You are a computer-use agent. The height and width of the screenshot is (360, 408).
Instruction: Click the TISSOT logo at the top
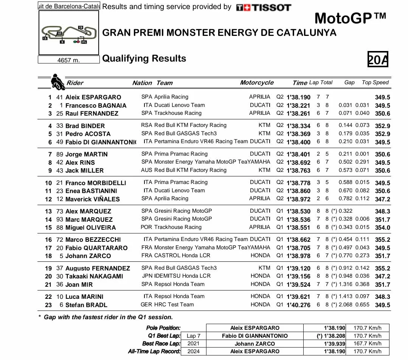(263, 7)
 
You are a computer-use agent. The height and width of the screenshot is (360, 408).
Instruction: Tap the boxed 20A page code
(378, 59)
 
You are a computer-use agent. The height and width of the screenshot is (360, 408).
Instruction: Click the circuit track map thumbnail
(69, 33)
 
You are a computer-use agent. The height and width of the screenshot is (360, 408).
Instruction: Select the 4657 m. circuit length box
(69, 60)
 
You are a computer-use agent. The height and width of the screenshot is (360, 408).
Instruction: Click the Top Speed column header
(375, 82)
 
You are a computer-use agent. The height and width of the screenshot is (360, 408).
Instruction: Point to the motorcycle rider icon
(57, 82)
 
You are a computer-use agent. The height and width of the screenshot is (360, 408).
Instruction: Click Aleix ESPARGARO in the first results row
(93, 97)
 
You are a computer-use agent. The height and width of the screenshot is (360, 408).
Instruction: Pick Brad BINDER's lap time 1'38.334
(298, 126)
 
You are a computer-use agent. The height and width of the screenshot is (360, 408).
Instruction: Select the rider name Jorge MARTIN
(86, 154)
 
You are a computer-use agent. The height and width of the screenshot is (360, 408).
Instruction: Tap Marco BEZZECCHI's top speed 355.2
(382, 239)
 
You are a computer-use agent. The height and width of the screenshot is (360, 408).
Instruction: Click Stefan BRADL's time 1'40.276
(298, 305)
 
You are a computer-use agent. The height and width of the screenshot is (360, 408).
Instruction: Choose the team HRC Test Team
(174, 304)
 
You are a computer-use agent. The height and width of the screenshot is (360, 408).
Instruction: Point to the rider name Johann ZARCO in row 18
(88, 256)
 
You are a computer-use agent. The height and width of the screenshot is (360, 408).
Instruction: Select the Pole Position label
(163, 328)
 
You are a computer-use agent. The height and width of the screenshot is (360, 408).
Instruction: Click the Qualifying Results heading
(144, 59)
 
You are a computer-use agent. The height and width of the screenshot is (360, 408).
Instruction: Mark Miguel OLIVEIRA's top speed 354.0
(382, 227)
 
